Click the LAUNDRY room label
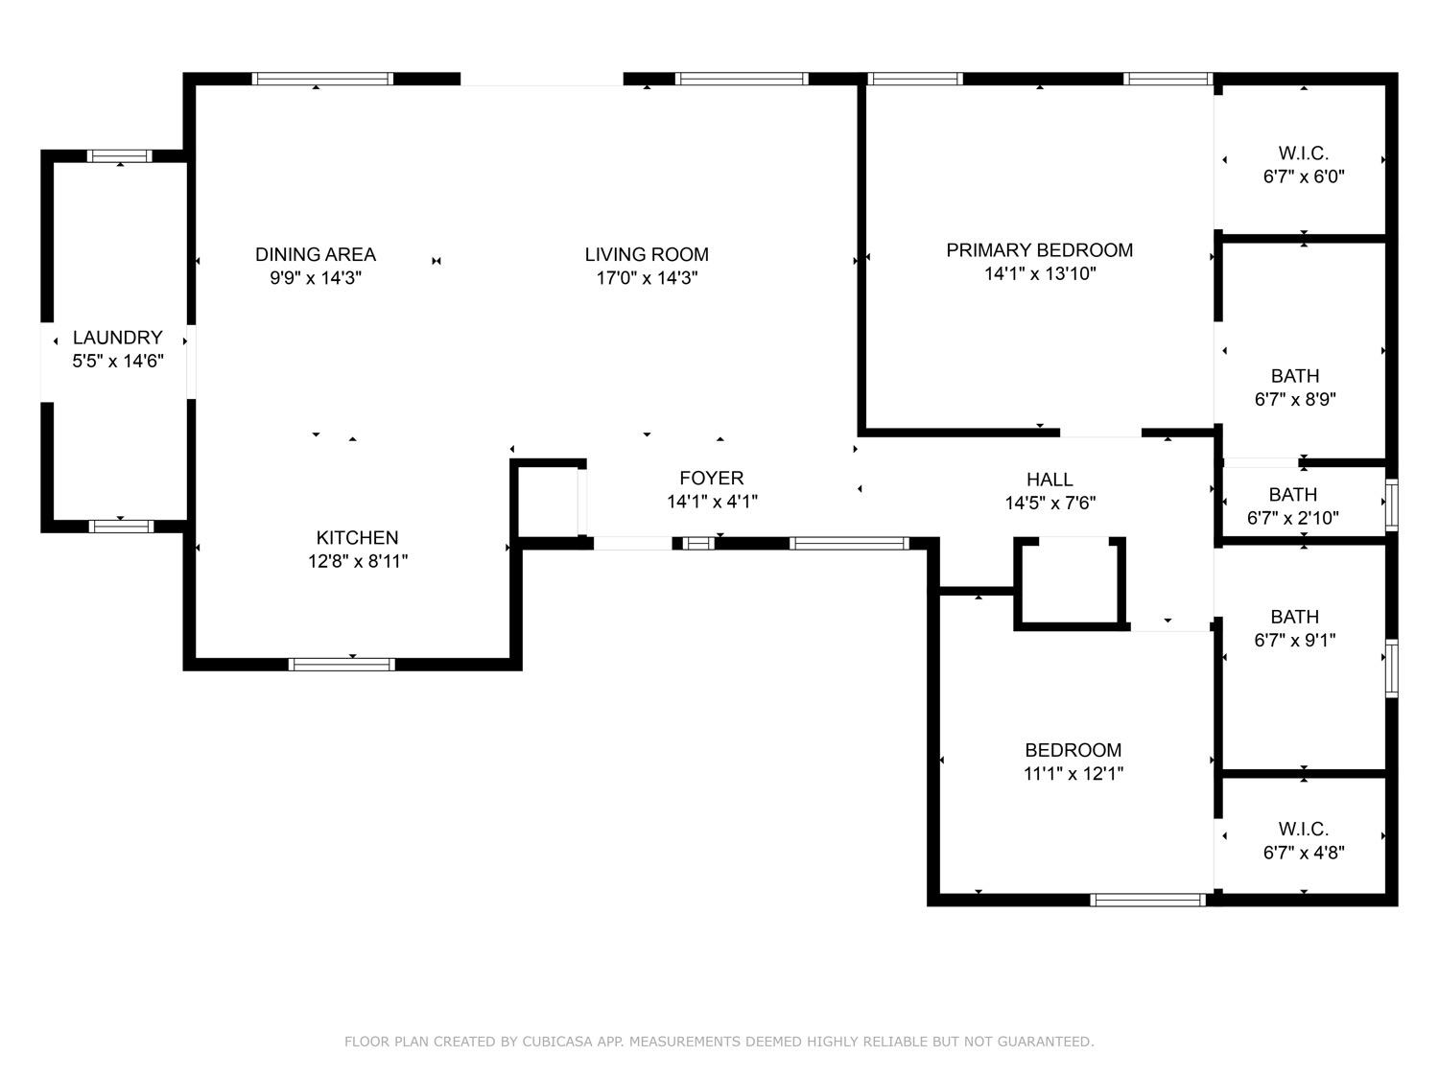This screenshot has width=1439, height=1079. (x=117, y=338)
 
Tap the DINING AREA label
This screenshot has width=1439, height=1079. (x=316, y=254)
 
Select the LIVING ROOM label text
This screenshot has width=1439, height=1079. (x=647, y=254)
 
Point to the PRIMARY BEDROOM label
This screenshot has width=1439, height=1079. (x=1039, y=250)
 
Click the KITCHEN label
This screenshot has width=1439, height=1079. (x=357, y=538)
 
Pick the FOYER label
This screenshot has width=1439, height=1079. (x=711, y=479)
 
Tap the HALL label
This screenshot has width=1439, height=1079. (x=1050, y=480)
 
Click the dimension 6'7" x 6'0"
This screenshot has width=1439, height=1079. (x=1304, y=176)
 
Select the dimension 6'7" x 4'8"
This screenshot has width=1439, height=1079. (x=1304, y=853)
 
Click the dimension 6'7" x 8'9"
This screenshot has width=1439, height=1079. (x=1295, y=400)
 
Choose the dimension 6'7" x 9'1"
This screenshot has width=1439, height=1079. (x=1295, y=640)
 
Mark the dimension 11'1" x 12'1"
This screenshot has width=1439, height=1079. (x=1073, y=774)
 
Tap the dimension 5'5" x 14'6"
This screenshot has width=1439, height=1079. (x=117, y=361)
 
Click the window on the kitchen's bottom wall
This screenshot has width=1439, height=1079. (x=342, y=665)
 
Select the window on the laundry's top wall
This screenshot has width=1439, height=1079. (x=119, y=156)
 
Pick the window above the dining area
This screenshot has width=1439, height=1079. (x=322, y=79)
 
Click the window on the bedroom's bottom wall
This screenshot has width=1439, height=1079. (x=1147, y=901)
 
